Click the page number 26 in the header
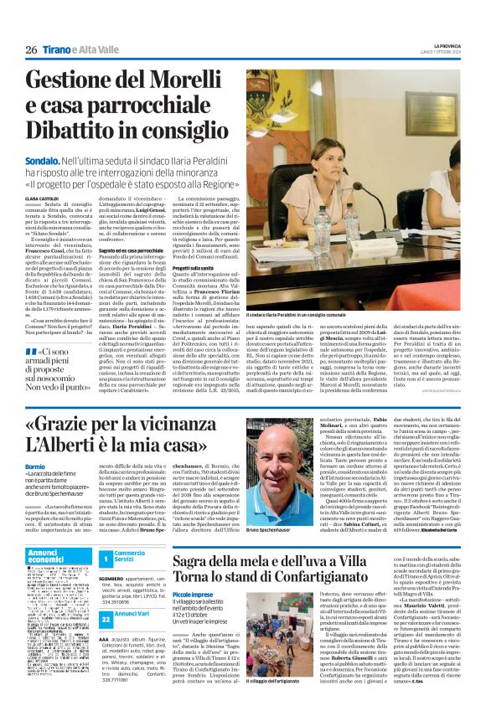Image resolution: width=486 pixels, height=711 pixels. pos(31,49)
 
